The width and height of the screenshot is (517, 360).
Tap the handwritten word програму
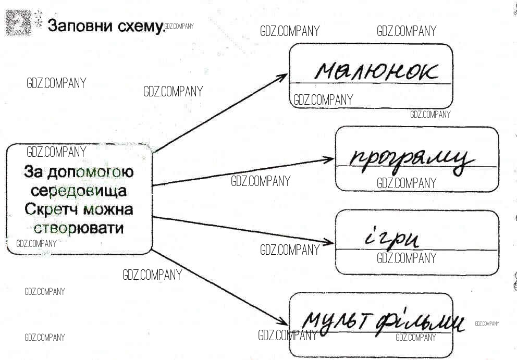click(x=412, y=159)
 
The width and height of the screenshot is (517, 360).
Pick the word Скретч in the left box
click(x=52, y=209)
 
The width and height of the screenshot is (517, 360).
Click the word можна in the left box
click(x=109, y=209)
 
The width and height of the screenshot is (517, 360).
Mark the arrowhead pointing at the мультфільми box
click(x=283, y=323)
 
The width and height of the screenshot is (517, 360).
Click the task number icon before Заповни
click(x=18, y=23)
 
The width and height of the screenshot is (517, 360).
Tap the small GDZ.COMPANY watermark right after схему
click(x=179, y=26)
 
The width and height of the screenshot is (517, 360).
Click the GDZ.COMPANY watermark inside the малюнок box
click(x=323, y=100)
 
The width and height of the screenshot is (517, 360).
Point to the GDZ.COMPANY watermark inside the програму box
click(x=406, y=183)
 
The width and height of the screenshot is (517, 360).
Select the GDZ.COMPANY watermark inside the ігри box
click(x=406, y=257)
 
